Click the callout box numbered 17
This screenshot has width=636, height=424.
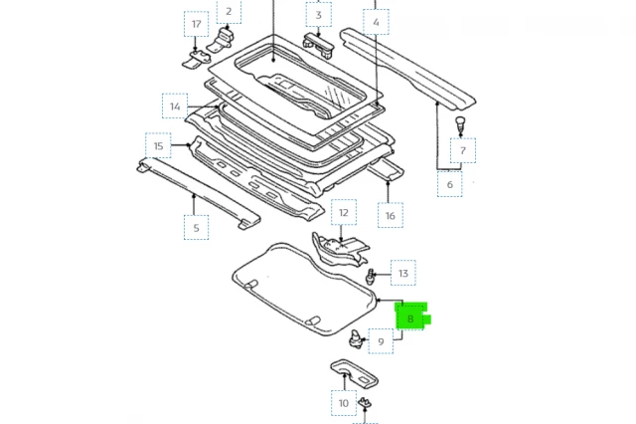pos(196,24)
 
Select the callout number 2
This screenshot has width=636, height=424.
pos(229,12)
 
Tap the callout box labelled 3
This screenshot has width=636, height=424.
pos(318,15)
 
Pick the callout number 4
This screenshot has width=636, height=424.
pos(377,22)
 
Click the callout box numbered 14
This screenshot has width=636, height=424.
pos(175,106)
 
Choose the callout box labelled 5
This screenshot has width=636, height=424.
pos(196,228)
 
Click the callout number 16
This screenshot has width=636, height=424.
pos(390,215)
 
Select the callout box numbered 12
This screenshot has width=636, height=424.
pos(343,212)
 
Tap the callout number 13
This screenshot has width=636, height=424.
pos(402,273)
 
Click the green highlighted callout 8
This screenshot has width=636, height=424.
pos(410,319)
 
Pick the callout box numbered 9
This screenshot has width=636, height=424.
pos(381,341)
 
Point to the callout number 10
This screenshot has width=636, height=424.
pos(344,403)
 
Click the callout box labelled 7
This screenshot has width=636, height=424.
pos(462,151)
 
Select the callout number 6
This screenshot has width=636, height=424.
pos(449,184)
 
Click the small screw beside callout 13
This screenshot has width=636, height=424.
pos(372,276)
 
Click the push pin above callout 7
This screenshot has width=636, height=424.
pos(460,121)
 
